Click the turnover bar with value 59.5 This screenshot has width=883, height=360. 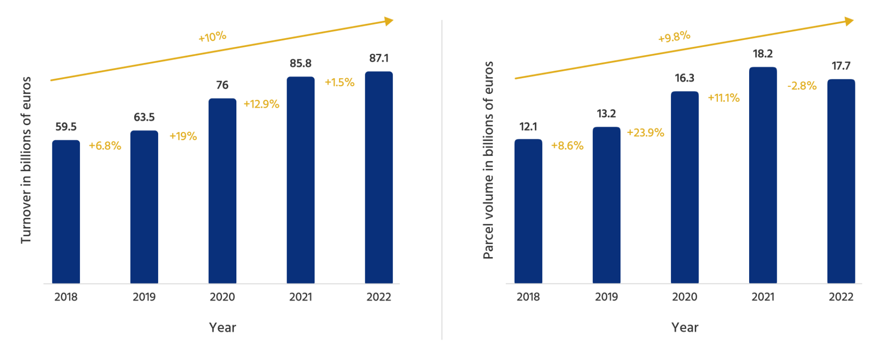(66, 211)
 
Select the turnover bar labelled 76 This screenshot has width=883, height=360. (222, 191)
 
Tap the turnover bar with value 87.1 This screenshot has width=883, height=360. (378, 177)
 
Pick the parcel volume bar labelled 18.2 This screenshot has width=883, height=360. (763, 175)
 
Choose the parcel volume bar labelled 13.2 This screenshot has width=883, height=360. (606, 205)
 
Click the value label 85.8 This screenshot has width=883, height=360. (300, 63)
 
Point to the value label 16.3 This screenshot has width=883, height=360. (684, 78)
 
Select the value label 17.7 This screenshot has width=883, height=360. (841, 66)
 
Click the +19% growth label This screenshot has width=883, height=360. (183, 136)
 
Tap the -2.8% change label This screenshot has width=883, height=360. (802, 86)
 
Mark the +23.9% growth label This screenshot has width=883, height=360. (645, 133)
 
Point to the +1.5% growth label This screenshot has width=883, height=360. (339, 83)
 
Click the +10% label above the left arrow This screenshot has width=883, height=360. (212, 37)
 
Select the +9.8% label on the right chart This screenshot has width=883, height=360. (674, 37)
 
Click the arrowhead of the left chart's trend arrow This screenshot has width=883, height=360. (389, 21)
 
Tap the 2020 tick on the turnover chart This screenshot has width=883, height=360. (222, 297)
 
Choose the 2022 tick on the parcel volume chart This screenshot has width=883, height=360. (841, 297)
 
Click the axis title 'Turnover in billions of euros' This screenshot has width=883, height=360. (26, 160)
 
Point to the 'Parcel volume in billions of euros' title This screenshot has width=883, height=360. (488, 160)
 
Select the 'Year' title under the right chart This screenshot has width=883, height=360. (684, 327)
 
